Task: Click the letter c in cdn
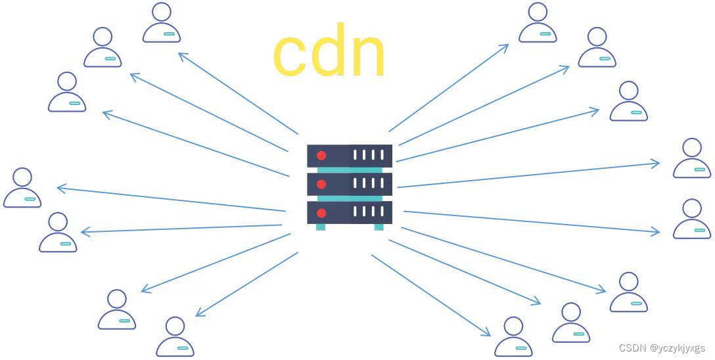[x=291, y=55]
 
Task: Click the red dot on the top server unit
[x=321, y=156]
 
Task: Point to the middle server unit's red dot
[x=321, y=184]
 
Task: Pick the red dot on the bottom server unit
[x=321, y=213]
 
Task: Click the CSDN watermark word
[x=633, y=348]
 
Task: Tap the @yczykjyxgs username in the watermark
[x=678, y=348]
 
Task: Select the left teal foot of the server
[x=321, y=227]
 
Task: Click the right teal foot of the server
[x=379, y=227]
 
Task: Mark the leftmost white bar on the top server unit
[x=356, y=156]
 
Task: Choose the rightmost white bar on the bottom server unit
[x=381, y=212]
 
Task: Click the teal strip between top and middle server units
[x=350, y=170]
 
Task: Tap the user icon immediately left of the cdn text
[x=162, y=24]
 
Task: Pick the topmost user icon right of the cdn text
[x=538, y=24]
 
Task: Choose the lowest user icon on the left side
[x=175, y=338]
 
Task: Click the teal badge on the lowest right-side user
[x=521, y=348]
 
